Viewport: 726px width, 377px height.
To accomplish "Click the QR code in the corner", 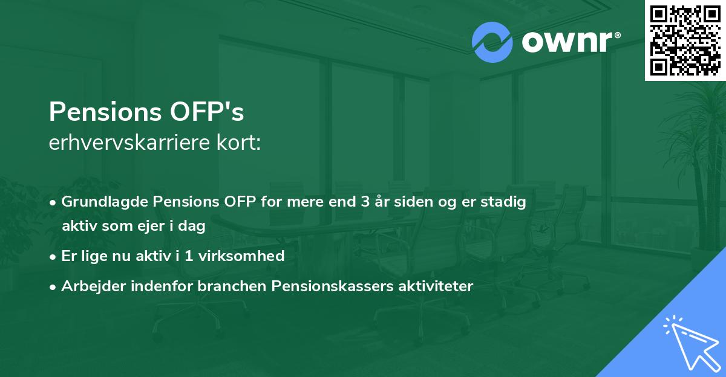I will point(685,40).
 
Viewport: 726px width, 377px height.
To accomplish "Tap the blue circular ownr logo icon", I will point(492,42).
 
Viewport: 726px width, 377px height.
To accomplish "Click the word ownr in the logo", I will point(569,42).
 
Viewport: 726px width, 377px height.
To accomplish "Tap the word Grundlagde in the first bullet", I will point(99,202).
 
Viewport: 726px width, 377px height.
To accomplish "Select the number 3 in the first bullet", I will point(365,202).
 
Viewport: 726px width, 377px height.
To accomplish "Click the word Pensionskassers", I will point(324,286).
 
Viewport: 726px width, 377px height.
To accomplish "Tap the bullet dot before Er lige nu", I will point(54,256).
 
